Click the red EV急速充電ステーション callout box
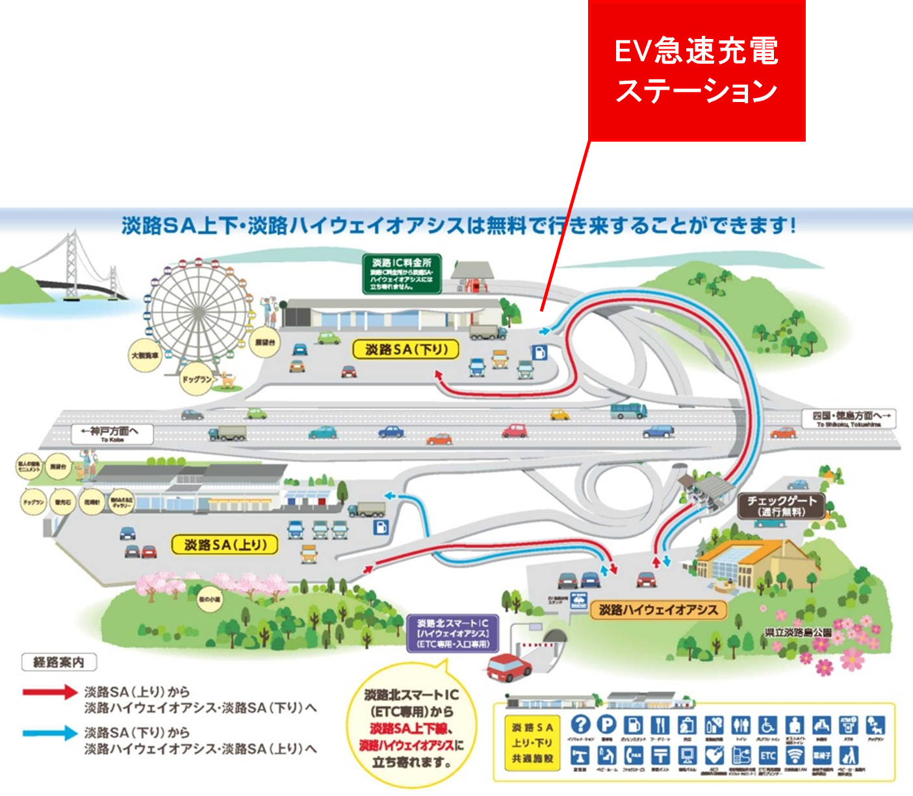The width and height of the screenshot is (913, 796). coord(697,70)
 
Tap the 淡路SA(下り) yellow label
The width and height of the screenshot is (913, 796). coord(406,350)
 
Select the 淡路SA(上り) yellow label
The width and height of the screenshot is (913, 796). coord(225,545)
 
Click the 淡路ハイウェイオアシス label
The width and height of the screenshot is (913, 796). coord(658,610)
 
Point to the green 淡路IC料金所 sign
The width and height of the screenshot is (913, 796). coord(402,274)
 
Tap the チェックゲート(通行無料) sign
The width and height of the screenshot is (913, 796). coord(781,506)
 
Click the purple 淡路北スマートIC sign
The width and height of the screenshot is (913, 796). coord(452,634)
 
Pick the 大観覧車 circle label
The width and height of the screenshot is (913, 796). coord(144,355)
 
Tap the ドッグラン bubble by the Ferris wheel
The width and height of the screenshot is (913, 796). coord(197,379)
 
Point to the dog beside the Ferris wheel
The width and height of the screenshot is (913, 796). coord(227,378)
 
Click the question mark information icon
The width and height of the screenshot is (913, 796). coord(580,725)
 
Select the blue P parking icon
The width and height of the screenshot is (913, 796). coord(606,725)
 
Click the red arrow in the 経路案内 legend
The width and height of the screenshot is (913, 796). coord(50,692)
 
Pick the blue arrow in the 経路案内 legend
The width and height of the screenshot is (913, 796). coord(50,733)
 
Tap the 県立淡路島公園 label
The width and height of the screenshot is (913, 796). coord(798,632)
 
